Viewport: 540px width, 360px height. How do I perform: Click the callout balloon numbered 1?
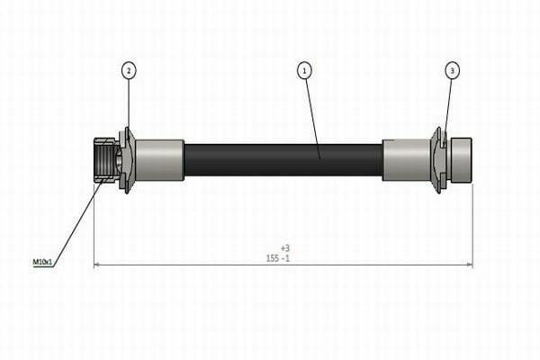point(304,70)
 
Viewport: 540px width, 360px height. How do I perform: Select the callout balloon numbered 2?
point(129,70)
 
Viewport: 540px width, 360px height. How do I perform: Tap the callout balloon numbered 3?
point(452,70)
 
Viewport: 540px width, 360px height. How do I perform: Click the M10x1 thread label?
point(42,262)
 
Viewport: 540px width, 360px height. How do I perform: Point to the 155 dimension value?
point(273,258)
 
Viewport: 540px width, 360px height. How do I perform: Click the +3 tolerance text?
point(285,248)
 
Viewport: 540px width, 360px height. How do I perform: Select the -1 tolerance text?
point(285,258)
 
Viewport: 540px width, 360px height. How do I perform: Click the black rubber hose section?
point(283,160)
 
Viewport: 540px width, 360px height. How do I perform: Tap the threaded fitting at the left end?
point(105,160)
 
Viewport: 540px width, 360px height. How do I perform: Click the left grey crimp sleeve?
point(159,160)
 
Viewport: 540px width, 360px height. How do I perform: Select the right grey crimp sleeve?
point(407,160)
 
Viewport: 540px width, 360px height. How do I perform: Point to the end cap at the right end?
point(462,160)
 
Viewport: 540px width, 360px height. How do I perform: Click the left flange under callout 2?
point(128,160)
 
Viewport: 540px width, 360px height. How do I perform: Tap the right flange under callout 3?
point(439,160)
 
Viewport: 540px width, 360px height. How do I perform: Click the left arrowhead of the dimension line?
point(97,265)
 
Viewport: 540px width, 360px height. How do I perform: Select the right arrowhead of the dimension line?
point(470,265)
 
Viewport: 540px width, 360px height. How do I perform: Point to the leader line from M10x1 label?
point(78,222)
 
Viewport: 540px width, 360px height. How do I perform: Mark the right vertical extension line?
point(472,226)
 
